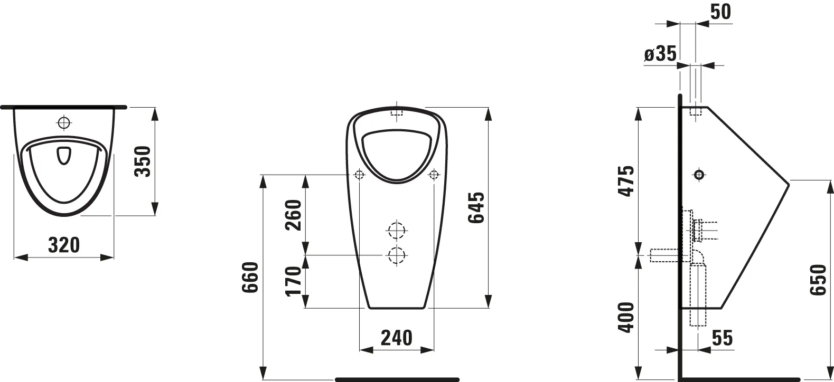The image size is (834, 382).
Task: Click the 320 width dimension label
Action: point(63,245)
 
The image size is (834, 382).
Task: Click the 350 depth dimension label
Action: point(143,161)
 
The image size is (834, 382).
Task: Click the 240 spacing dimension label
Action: point(396,338)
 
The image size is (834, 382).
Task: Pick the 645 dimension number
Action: point(476,207)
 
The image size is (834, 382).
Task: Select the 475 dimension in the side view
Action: point(626,181)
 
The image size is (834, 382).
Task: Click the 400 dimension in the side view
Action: point(626,317)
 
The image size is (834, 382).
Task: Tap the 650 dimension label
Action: point(818,280)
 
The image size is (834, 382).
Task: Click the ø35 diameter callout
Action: point(660,54)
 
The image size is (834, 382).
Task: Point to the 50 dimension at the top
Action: point(719,11)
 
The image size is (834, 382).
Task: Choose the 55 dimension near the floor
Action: point(721,338)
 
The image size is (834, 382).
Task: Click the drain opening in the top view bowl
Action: point(63,155)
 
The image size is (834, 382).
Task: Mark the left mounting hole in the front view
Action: point(359,174)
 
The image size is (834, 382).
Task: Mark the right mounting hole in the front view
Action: point(434,174)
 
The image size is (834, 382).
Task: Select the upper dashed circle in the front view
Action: point(396,231)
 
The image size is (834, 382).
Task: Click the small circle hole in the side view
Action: point(699,174)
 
